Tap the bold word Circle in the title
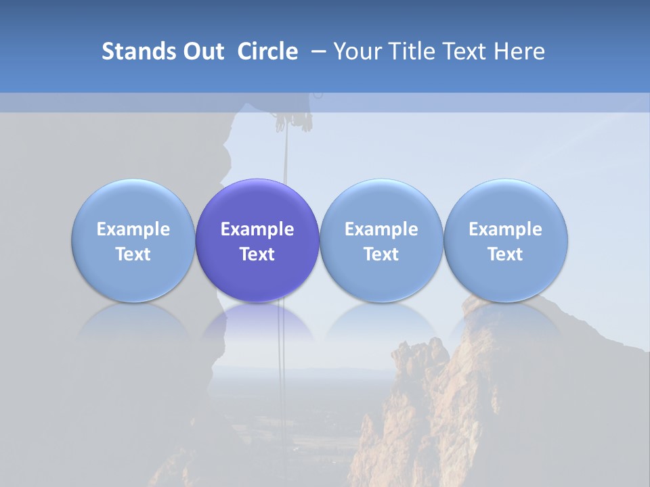[x=267, y=51]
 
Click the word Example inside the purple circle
[x=257, y=229]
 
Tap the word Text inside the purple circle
[x=257, y=254]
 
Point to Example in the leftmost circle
[x=133, y=229]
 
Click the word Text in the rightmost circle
[x=505, y=254]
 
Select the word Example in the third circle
[x=381, y=229]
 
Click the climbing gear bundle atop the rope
[x=293, y=120]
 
